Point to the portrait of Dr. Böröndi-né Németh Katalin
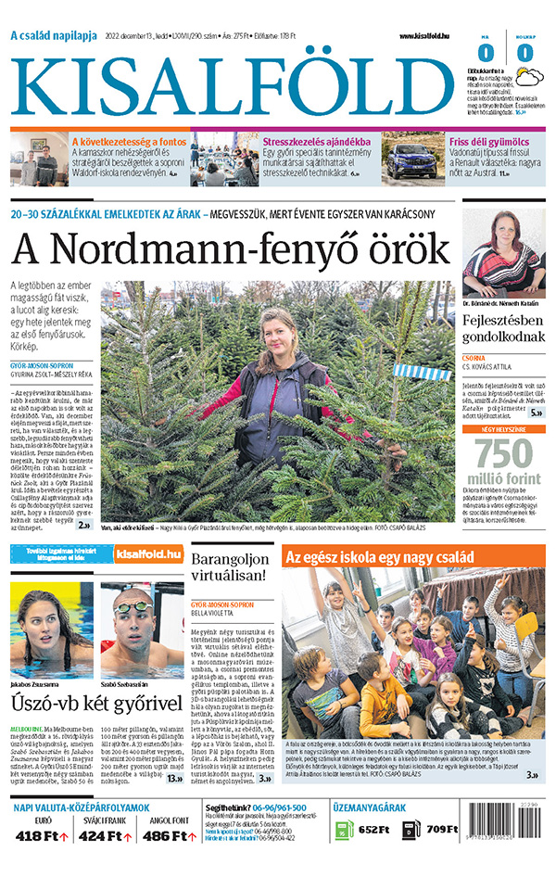pyautogui.click(x=503, y=252)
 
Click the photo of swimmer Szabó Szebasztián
pyautogui.click(x=141, y=629)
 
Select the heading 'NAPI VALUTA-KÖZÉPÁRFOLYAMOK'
pyautogui.click(x=82, y=807)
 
